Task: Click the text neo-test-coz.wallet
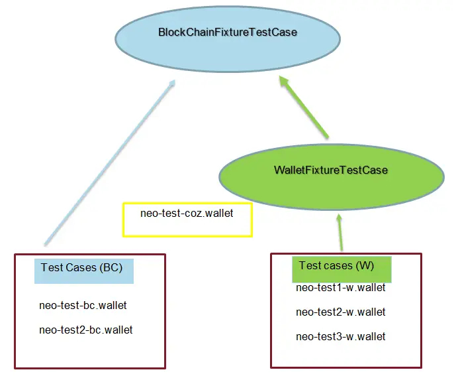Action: [x=187, y=214]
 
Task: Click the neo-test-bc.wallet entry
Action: [x=83, y=306]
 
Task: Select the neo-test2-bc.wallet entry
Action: [x=86, y=330]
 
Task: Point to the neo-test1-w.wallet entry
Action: [x=340, y=288]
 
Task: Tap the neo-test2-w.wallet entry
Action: [x=340, y=312]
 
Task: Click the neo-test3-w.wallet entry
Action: [x=340, y=337]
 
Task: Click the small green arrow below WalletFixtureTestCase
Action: [x=340, y=232]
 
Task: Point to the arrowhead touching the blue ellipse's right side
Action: [x=284, y=82]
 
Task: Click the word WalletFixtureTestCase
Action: [x=330, y=170]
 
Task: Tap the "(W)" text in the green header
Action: [x=365, y=266]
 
